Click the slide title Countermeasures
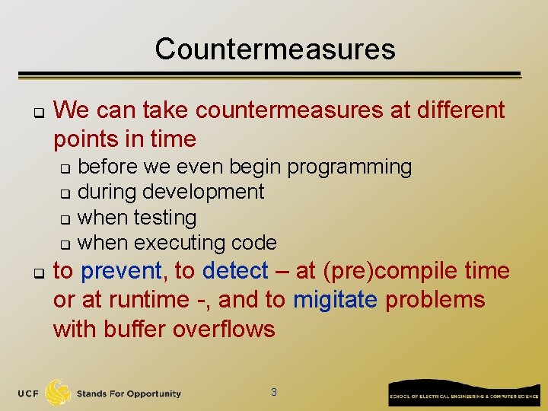tap(275, 49)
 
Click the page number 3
tap(274, 392)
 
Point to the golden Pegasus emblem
tap(58, 392)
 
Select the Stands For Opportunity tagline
tap(129, 393)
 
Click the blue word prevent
tap(121, 271)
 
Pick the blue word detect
tap(235, 271)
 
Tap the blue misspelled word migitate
tap(335, 300)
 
